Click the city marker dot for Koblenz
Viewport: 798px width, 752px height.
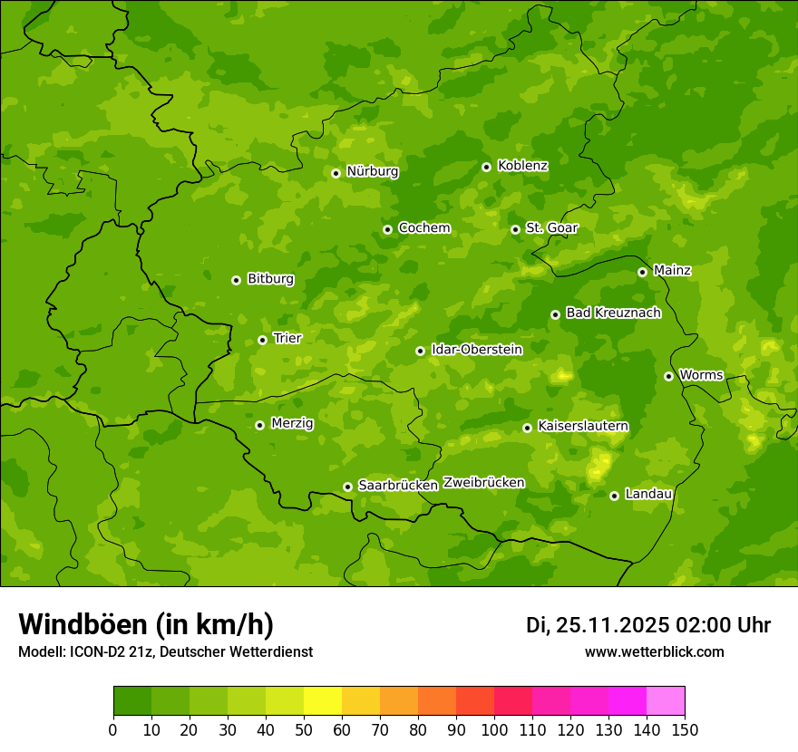pos(486,167)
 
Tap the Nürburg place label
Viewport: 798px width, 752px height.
pos(372,171)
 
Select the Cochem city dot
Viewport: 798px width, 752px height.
pos(387,229)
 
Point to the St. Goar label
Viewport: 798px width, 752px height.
pos(551,228)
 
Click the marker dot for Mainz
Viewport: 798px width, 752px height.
pos(642,272)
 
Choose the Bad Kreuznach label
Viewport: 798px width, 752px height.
pos(613,313)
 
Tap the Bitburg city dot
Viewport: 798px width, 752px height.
pos(236,280)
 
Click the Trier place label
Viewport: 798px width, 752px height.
pos(287,339)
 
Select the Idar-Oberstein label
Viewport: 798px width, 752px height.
pos(476,350)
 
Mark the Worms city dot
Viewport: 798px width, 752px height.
pos(668,376)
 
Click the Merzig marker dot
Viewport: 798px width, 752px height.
pos(259,425)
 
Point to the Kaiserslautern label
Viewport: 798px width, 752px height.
pos(583,426)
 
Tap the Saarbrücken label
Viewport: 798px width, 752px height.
pos(398,486)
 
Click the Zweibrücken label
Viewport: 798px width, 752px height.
pos(484,483)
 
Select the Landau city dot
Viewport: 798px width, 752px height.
pos(614,496)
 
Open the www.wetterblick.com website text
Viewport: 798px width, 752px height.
pos(654,652)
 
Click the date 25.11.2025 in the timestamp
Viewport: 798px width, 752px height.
pos(612,625)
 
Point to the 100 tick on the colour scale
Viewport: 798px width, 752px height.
pos(494,729)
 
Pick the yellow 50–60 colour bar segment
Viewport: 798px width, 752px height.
pos(323,701)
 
